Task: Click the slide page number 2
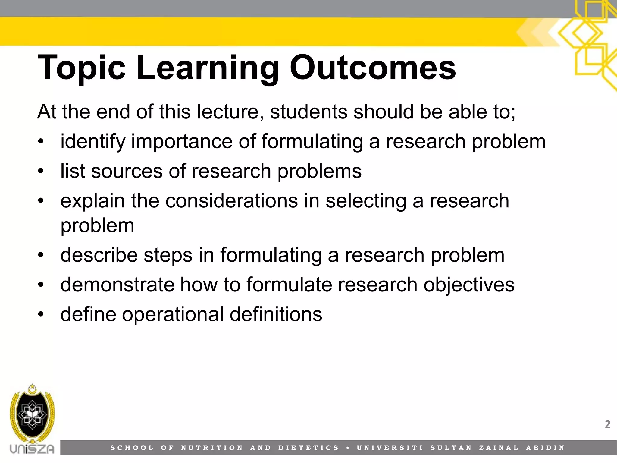[607, 424]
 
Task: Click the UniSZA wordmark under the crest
[32, 449]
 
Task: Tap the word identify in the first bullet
[93, 142]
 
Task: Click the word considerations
[231, 201]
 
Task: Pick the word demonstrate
[117, 285]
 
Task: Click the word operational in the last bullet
[173, 314]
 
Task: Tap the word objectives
[469, 285]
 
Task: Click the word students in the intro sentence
[309, 112]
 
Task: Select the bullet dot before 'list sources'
[41, 171]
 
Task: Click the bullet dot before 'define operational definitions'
[41, 314]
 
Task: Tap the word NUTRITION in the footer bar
[212, 448]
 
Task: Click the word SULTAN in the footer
[451, 448]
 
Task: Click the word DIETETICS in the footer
[308, 448]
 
